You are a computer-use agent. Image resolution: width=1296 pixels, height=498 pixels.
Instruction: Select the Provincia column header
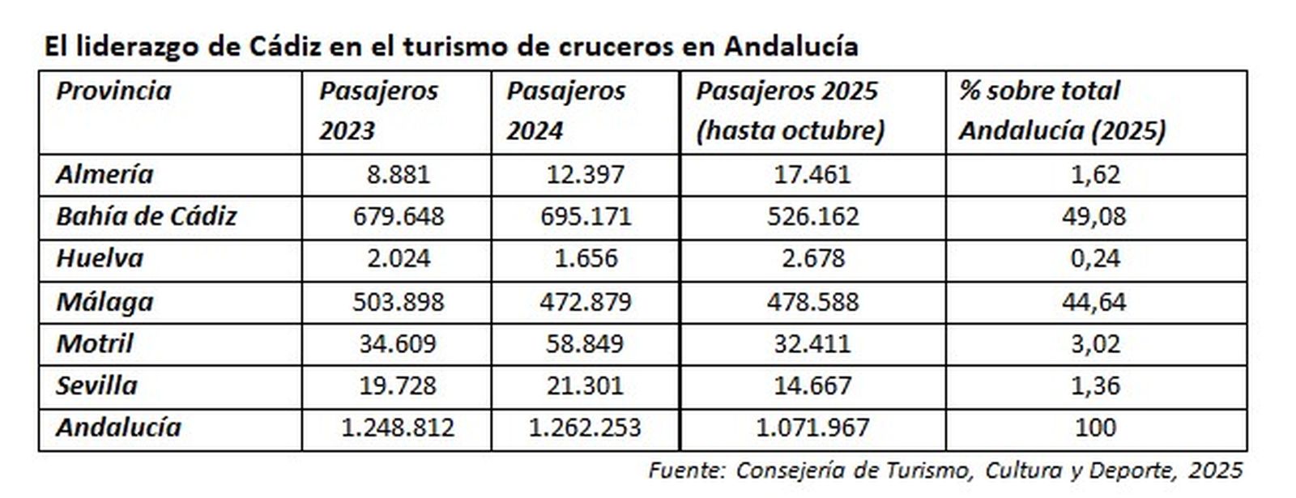(113, 91)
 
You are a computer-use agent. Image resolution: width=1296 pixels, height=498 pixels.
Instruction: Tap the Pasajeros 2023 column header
(377, 110)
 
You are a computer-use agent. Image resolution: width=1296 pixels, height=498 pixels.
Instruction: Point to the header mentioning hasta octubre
(790, 130)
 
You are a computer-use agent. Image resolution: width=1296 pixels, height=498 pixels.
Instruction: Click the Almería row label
(104, 174)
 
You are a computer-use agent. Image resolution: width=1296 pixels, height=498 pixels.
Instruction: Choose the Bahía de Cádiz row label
(146, 216)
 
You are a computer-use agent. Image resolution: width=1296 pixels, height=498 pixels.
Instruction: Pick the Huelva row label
(99, 258)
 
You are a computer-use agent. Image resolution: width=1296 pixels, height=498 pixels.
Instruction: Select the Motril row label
(94, 343)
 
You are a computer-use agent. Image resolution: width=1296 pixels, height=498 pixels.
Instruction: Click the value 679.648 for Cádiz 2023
(399, 216)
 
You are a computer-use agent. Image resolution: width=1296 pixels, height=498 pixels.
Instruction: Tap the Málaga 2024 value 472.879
(586, 301)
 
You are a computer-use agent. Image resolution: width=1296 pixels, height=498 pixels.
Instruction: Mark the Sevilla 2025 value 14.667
(812, 385)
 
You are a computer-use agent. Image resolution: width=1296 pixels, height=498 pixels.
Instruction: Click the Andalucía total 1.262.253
(585, 428)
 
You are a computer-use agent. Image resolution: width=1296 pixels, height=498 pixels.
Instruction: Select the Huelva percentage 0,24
(1096, 258)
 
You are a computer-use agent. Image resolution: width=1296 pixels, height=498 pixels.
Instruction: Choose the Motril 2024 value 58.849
(586, 343)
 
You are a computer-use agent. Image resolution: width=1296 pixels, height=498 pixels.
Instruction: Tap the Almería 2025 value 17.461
(812, 174)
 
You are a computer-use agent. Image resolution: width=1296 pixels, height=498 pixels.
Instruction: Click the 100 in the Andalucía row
(1095, 428)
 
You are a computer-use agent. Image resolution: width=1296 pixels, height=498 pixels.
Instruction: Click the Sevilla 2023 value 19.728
(398, 385)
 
